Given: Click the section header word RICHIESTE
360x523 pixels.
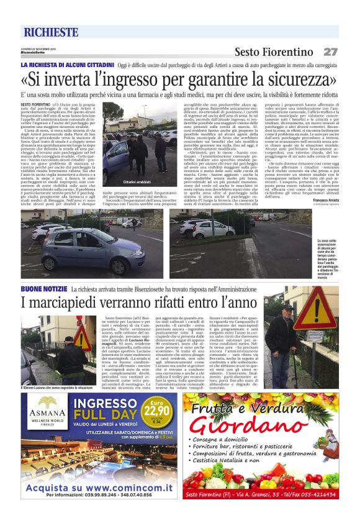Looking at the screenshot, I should (51, 32).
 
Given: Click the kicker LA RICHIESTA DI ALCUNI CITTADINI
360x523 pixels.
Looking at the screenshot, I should (68, 65).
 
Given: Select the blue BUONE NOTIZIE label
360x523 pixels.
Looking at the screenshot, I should (43, 289).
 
